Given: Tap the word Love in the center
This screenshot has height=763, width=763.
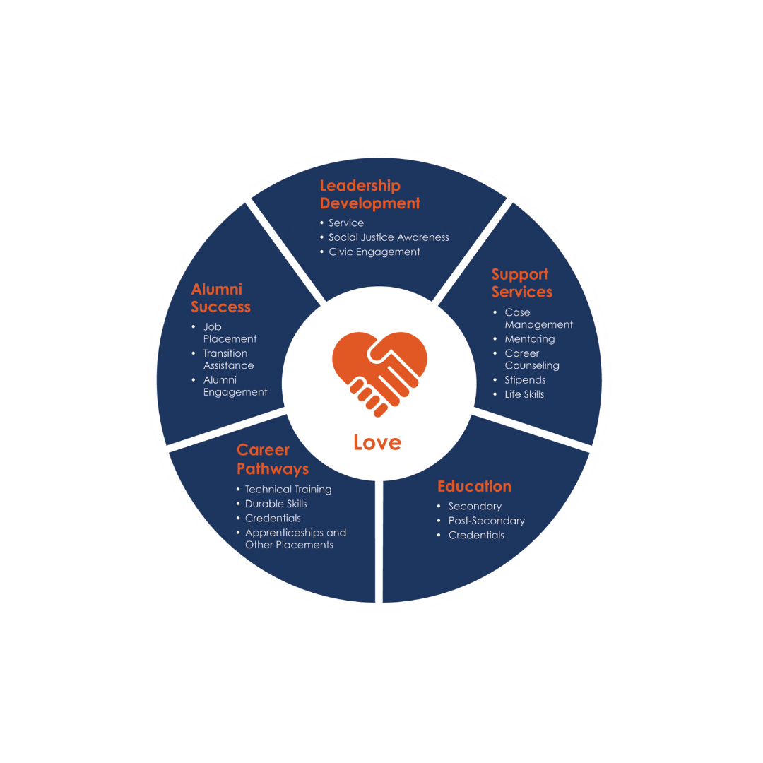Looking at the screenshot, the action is coord(377,443).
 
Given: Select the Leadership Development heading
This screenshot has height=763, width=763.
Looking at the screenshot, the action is coord(369,194).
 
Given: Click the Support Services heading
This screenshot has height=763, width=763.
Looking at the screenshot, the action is coord(522,283).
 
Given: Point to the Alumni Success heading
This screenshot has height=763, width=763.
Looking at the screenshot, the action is coord(220,297).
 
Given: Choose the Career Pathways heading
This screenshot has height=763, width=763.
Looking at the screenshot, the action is coord(273,459).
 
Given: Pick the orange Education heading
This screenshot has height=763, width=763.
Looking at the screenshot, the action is coord(474,486).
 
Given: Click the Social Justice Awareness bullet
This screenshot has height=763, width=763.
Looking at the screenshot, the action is coord(389,237).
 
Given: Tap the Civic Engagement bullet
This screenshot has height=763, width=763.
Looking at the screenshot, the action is coord(374,252).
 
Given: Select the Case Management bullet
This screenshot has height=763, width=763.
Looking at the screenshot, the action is coord(538,319).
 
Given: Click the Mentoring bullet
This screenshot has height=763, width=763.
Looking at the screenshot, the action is coord(529,339).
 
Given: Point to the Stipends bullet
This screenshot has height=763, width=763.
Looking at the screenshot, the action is coord(525,380).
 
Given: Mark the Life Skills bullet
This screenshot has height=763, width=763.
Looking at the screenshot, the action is coord(524,394).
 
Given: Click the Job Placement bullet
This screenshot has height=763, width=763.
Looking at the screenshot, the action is coord(229,333).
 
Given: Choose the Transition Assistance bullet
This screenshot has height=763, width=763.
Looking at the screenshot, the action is coord(228,360).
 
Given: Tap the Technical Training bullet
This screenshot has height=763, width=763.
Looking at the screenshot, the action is coord(288,489).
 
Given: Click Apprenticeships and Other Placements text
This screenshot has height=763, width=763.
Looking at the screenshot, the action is coord(295,538).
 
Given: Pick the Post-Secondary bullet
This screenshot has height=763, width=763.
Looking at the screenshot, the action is coord(486,521).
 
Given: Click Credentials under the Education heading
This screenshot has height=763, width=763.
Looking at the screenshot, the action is coord(476,535).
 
